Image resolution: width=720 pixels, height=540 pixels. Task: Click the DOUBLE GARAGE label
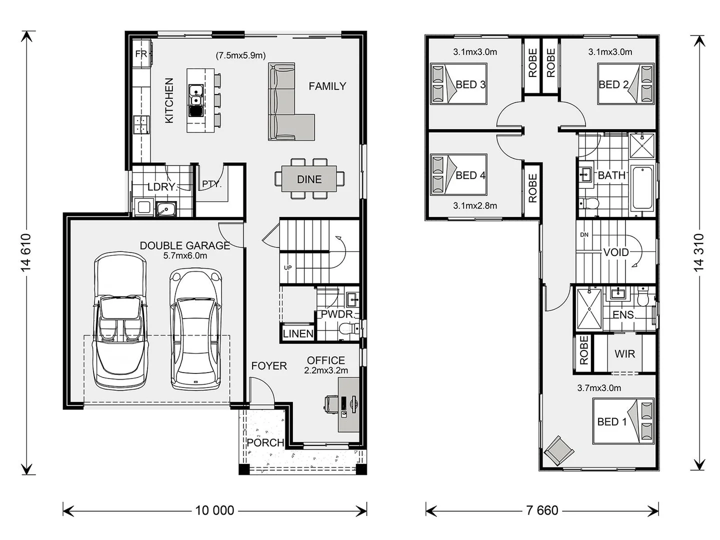click(184, 245)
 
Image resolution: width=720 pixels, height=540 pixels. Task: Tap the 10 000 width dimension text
click(214, 510)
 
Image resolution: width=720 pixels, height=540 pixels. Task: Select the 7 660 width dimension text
click(542, 510)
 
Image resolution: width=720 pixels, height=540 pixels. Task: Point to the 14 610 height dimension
click(26, 252)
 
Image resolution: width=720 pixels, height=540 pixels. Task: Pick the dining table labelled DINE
click(309, 179)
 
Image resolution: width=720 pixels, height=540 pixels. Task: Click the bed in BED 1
click(623, 421)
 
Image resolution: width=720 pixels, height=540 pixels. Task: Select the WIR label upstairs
click(624, 354)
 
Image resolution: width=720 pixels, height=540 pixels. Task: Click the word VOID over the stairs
click(615, 252)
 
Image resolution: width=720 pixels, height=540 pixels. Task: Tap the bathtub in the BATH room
click(642, 188)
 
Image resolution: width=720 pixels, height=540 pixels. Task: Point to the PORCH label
click(265, 443)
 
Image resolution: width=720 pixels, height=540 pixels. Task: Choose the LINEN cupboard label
click(298, 333)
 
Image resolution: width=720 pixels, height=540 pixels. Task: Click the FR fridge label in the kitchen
click(141, 54)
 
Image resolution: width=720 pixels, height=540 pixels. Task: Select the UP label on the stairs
click(288, 267)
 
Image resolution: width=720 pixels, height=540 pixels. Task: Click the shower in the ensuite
click(589, 308)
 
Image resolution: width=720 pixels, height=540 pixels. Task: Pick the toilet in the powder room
click(346, 328)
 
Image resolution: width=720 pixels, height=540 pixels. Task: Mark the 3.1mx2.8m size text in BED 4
click(474, 205)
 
